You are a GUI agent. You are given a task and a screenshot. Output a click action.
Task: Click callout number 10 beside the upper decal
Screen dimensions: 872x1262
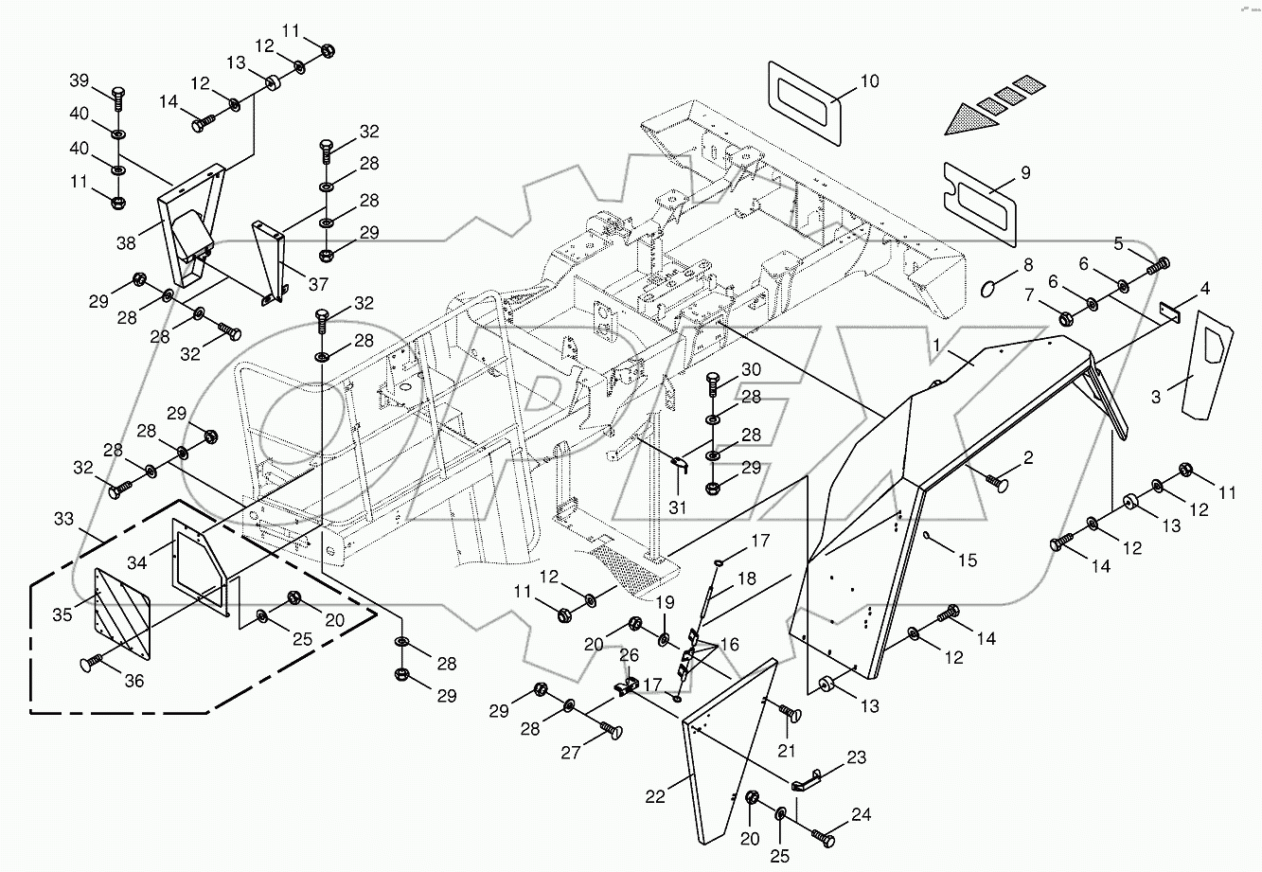(869, 81)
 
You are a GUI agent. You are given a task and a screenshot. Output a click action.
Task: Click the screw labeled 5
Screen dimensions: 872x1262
(1157, 266)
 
